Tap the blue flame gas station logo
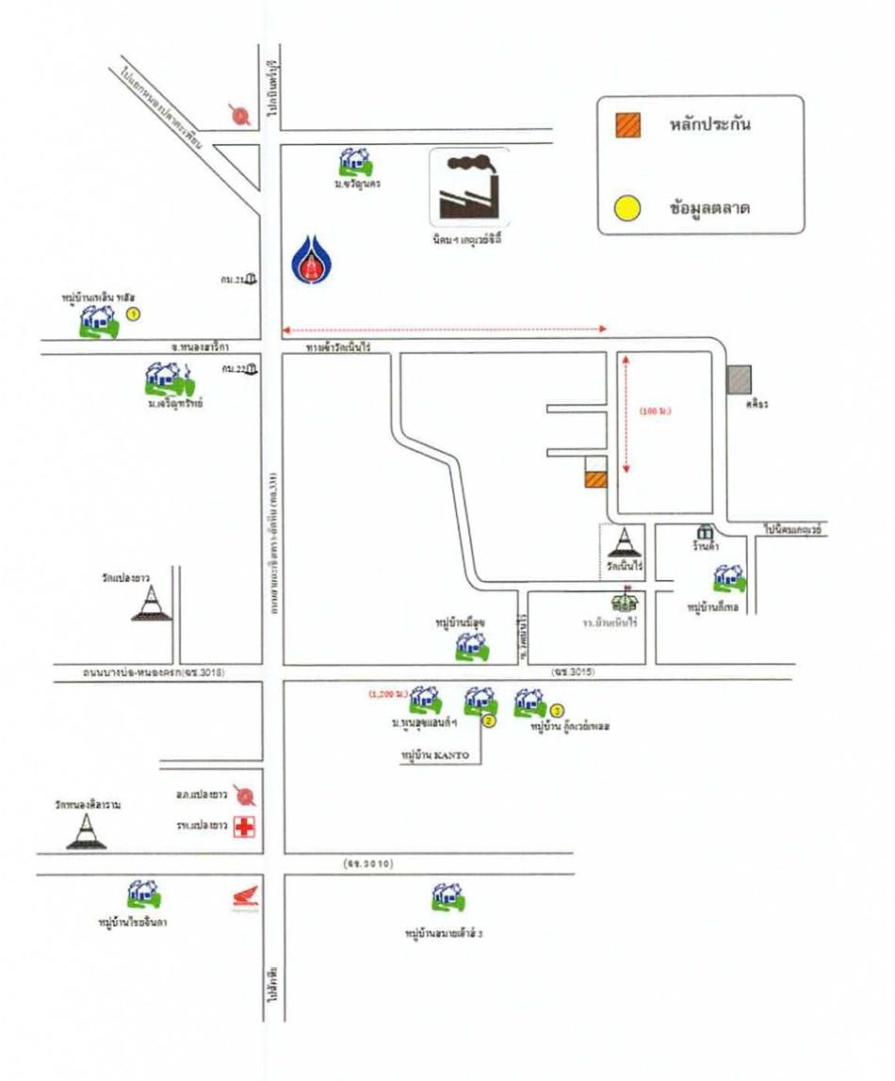[308, 259]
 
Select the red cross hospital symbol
[247, 827]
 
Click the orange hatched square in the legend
[628, 125]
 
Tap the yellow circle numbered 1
[134, 313]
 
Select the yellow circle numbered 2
[489, 721]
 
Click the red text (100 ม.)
[658, 411]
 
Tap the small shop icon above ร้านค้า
[703, 533]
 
